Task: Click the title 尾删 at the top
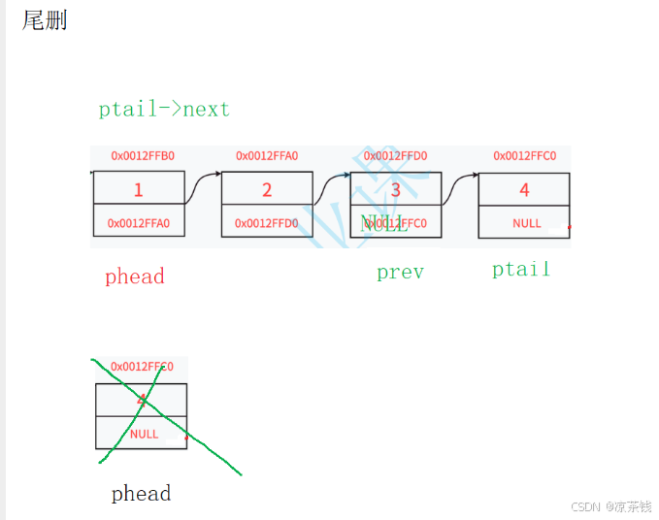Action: coord(45,20)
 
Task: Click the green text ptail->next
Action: coord(164,109)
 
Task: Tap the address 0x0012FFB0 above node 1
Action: coord(142,155)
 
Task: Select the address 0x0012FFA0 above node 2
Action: coord(266,155)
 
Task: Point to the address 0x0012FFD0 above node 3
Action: coord(395,155)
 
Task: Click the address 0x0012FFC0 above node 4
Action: coord(524,155)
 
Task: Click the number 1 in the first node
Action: coord(138,190)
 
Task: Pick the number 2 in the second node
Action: coord(267,190)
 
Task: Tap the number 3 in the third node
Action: coord(395,190)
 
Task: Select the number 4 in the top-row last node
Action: coord(524,190)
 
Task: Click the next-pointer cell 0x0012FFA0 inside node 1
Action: coord(139,223)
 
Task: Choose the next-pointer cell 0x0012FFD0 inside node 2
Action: coord(267,223)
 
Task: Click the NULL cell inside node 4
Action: coord(526,223)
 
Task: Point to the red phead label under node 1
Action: coord(134,276)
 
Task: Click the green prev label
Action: coord(400,273)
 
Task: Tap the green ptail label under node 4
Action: coord(520,269)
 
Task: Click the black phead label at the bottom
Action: coord(141,494)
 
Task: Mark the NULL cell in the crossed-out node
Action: coord(144,434)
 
